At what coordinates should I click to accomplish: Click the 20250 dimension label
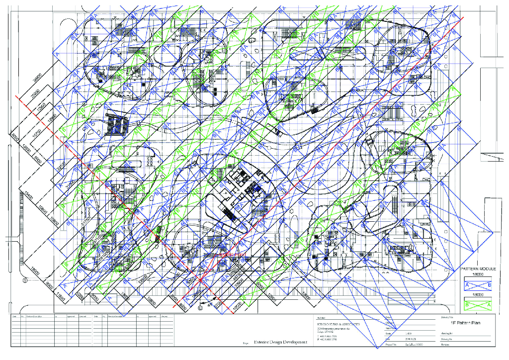pyautogui.click(x=34, y=97)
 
